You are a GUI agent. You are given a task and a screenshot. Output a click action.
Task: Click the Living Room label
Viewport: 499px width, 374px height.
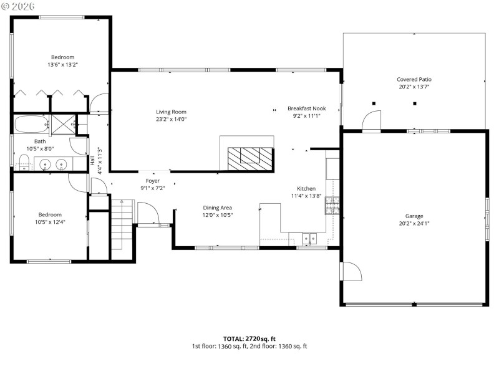(171, 112)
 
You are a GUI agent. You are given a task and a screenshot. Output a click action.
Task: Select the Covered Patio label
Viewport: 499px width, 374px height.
(414, 79)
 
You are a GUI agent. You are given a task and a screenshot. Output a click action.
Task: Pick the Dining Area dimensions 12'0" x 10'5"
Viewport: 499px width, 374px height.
(217, 215)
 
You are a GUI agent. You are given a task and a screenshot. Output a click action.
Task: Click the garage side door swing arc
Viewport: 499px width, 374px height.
(351, 272)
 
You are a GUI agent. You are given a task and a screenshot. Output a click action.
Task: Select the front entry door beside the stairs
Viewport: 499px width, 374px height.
(148, 215)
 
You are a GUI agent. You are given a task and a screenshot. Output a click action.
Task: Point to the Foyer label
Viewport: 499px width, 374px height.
(153, 181)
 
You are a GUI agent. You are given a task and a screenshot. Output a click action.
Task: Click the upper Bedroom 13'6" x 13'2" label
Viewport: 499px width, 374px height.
(62, 57)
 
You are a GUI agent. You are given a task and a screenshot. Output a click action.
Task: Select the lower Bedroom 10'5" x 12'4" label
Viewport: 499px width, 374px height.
(50, 214)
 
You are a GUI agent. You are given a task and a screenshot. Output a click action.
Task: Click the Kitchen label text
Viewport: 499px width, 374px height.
(306, 188)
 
